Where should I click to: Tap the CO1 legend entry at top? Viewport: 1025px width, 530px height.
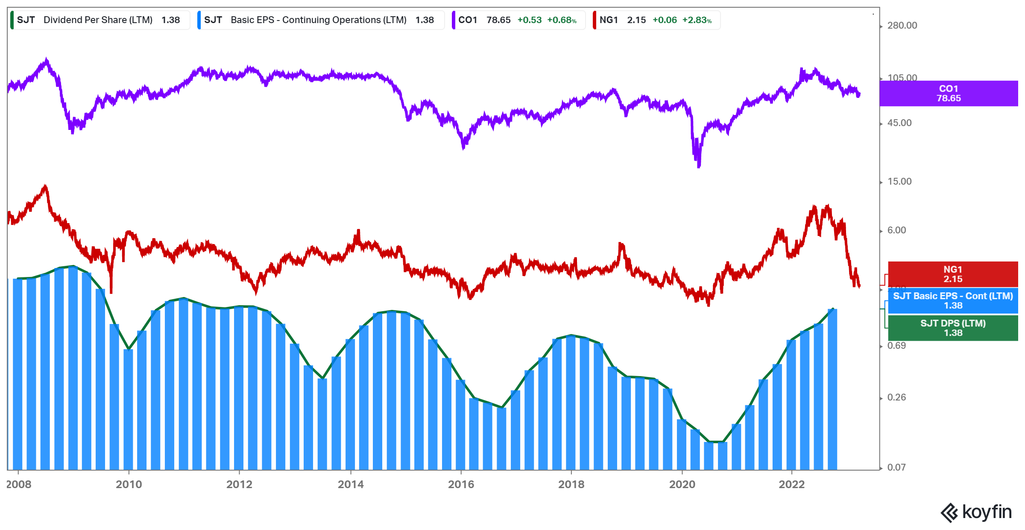[517, 20]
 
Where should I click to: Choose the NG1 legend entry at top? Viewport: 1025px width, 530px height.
[655, 20]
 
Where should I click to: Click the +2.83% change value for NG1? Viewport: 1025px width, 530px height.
[697, 20]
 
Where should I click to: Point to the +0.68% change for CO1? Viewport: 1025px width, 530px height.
[562, 20]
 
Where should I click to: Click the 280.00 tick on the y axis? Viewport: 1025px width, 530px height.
[902, 26]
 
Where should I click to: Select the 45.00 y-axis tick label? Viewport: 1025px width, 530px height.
[899, 123]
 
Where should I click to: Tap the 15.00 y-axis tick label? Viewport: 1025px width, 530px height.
[899, 182]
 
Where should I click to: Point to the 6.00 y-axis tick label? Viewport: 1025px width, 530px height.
[896, 230]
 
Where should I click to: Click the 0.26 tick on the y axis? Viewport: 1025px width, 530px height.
[896, 397]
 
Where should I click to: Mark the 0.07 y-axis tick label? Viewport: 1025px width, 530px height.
[896, 468]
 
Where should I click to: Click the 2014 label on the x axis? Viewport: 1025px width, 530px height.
[351, 484]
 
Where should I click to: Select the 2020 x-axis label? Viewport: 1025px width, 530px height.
[682, 484]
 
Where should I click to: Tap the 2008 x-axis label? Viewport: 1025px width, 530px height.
[19, 484]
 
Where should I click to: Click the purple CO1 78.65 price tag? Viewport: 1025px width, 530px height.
[949, 94]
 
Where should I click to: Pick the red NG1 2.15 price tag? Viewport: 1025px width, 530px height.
[953, 274]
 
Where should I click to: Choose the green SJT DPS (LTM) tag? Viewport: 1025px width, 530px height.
[953, 328]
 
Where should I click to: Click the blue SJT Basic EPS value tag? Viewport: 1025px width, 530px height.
[953, 301]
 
